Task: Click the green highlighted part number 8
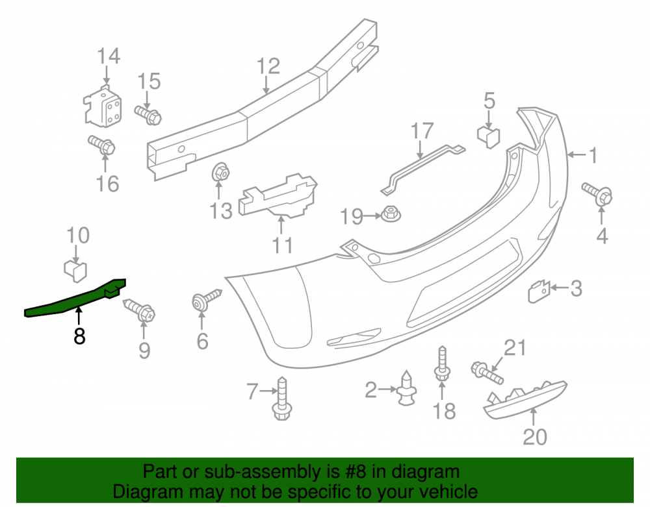point(75,299)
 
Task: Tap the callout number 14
point(109,56)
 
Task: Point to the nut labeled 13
point(220,172)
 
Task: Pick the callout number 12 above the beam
point(268,66)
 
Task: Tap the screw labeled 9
point(139,310)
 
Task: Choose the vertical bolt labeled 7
point(282,399)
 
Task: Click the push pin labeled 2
point(406,388)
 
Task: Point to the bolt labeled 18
point(442,364)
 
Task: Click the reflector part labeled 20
point(525,400)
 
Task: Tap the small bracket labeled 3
point(538,291)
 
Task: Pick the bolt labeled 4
point(597,193)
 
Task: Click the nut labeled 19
point(391,214)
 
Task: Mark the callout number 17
point(422,130)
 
